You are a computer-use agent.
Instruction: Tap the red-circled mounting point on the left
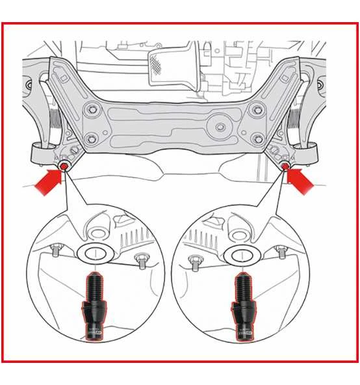coord(65,168)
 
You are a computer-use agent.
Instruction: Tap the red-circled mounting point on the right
coord(285,167)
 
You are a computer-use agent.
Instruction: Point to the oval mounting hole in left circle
coord(94,254)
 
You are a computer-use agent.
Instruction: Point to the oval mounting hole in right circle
coord(241,254)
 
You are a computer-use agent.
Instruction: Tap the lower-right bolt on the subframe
coord(259,138)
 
